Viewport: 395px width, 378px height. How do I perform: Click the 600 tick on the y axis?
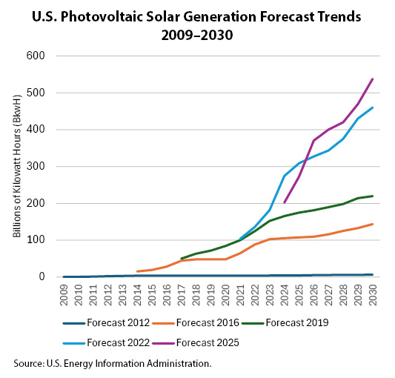tap(36, 56)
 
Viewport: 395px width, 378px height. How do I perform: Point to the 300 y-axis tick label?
tap(36, 166)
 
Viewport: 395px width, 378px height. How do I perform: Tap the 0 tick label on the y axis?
tap(42, 276)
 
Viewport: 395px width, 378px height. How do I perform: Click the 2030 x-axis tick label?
tap(372, 294)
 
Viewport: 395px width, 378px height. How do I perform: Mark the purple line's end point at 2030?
tap(372, 79)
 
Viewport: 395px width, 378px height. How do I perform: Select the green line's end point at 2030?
tap(372, 196)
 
